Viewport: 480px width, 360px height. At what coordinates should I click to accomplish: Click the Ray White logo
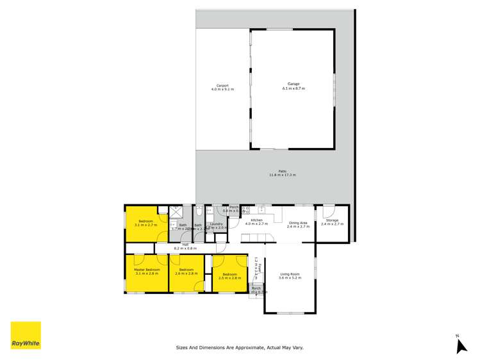[x=26, y=335]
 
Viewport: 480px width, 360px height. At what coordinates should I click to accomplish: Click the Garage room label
[x=294, y=84]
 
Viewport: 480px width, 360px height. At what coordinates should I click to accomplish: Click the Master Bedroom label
[x=147, y=269]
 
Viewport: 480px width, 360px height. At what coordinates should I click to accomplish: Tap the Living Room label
[x=290, y=274]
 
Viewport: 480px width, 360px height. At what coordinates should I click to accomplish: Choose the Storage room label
[x=332, y=220]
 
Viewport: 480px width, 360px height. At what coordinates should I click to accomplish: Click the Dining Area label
[x=299, y=223]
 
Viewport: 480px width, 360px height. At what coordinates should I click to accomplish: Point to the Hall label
[x=185, y=244]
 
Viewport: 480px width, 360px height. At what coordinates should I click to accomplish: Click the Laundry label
[x=216, y=224]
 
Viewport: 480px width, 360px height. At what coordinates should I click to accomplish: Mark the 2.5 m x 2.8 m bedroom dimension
[x=229, y=278]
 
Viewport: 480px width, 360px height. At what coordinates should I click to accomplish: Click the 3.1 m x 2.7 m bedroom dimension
[x=146, y=225]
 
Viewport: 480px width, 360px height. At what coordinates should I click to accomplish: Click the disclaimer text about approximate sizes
[x=240, y=348]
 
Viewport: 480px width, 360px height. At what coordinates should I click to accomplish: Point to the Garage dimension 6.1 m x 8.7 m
[x=294, y=88]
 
